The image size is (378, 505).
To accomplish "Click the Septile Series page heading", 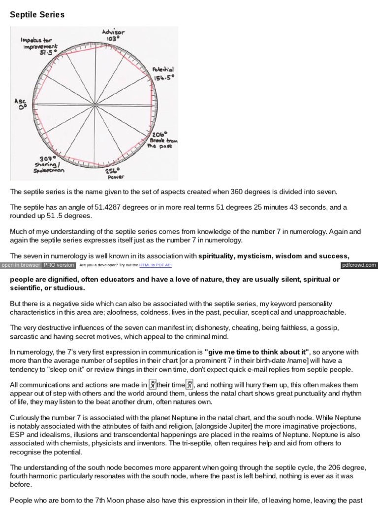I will pyautogui.click(x=37, y=15).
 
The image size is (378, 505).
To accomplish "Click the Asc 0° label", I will pyautogui.click(x=21, y=105).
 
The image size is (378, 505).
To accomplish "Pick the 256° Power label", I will pyautogui.click(x=115, y=173).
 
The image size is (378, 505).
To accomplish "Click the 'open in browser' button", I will pyautogui.click(x=20, y=265).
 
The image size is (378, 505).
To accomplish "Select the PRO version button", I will pyautogui.click(x=59, y=265).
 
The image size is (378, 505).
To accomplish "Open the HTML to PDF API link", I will pyautogui.click(x=155, y=265).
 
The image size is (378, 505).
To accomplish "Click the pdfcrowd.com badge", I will pyautogui.click(x=359, y=265).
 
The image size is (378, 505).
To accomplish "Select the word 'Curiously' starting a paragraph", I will pyautogui.click(x=25, y=418).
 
